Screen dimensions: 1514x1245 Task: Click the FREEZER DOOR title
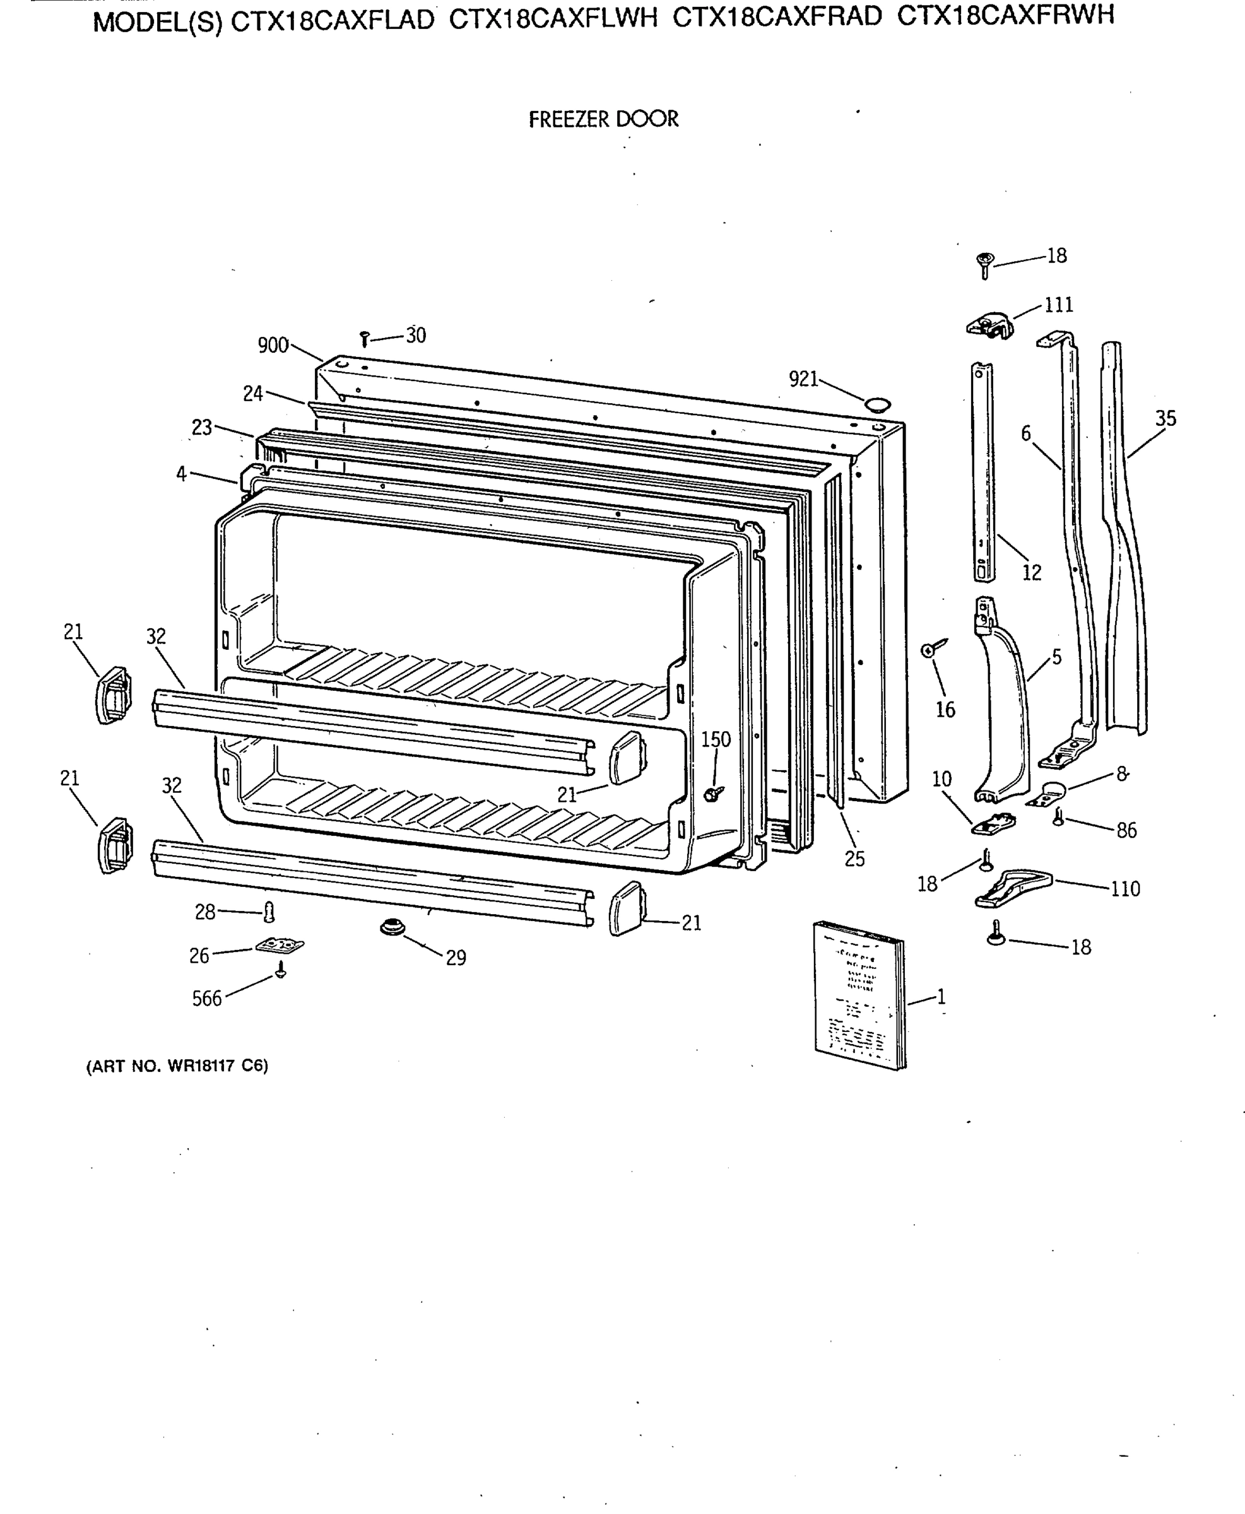pyautogui.click(x=603, y=119)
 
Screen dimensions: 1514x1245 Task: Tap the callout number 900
pyautogui.click(x=273, y=346)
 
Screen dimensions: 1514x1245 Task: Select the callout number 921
pyautogui.click(x=803, y=378)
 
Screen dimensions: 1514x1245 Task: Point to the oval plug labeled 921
pyautogui.click(x=876, y=404)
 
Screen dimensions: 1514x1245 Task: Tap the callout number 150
pyautogui.click(x=715, y=739)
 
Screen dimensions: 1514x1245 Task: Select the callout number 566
pyautogui.click(x=206, y=999)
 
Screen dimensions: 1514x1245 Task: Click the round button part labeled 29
pyautogui.click(x=392, y=927)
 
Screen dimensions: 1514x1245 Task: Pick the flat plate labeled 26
pyautogui.click(x=280, y=946)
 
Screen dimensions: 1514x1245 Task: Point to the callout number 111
pyautogui.click(x=1059, y=305)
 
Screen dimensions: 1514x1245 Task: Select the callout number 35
pyautogui.click(x=1165, y=419)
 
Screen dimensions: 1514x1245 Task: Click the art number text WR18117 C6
pyautogui.click(x=217, y=1066)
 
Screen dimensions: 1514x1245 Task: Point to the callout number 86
pyautogui.click(x=1126, y=830)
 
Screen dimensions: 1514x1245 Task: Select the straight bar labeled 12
pyautogui.click(x=983, y=473)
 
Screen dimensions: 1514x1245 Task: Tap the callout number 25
pyautogui.click(x=854, y=859)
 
